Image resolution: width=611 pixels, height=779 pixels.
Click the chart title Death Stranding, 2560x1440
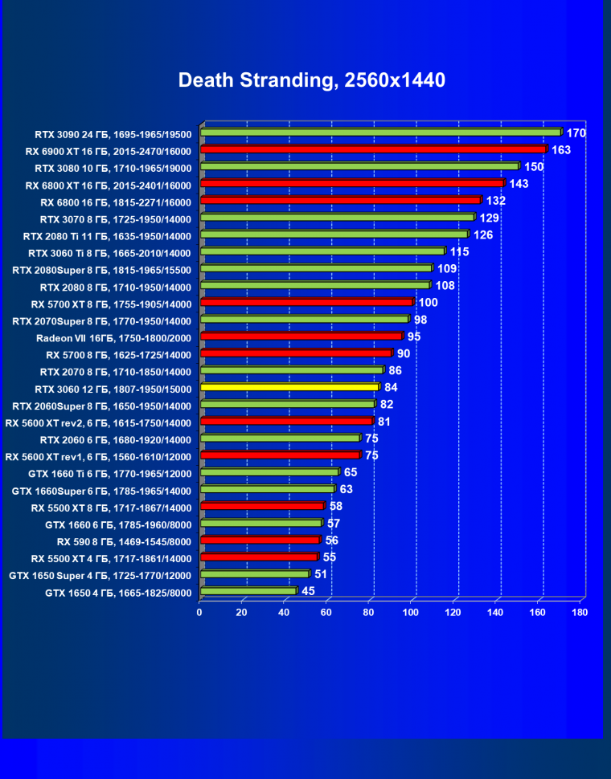point(311,80)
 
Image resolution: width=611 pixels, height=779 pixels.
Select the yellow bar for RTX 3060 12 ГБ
point(289,387)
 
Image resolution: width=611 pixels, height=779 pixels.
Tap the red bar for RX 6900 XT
point(373,149)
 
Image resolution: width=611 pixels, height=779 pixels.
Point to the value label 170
point(576,133)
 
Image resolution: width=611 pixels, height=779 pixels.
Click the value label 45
point(308,592)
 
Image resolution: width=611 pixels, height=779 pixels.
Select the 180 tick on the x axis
point(579,612)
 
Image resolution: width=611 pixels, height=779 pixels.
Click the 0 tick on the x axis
point(199,612)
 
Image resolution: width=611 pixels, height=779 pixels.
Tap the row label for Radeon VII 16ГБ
point(114,338)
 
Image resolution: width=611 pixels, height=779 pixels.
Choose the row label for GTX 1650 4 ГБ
point(118,593)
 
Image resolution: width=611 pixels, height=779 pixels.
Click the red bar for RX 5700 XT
point(306,302)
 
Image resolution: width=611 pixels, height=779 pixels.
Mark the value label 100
point(429,302)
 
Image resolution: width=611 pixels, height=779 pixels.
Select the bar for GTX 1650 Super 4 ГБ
point(255,574)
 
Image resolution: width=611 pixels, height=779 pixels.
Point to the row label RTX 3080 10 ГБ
point(113,168)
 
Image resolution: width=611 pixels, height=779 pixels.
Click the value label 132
point(496,200)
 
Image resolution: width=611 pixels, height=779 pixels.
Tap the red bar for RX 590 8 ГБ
point(260,540)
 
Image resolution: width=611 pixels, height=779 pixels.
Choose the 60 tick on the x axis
point(327,612)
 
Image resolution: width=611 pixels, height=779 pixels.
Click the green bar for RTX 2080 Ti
point(334,234)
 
